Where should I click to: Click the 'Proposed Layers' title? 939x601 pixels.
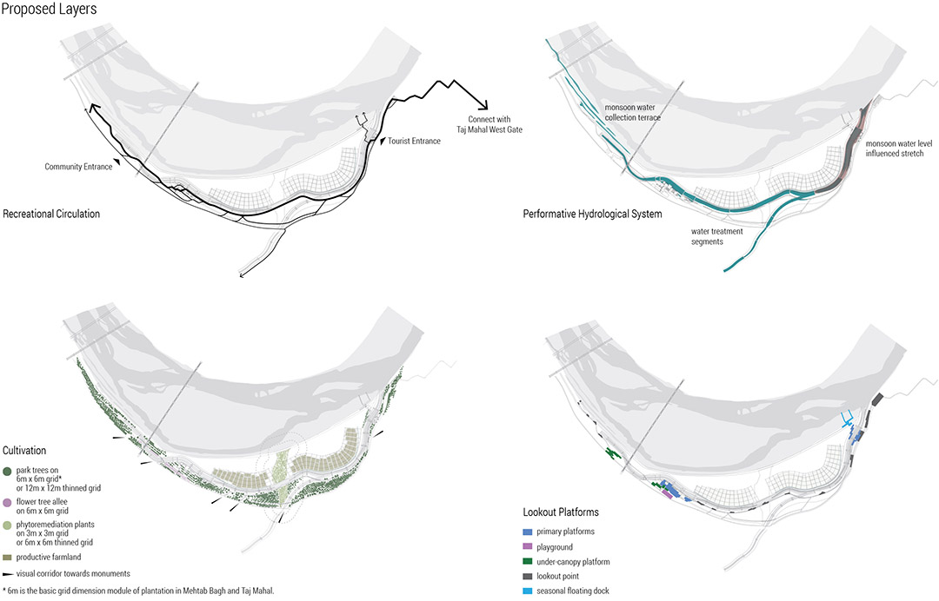tap(49, 9)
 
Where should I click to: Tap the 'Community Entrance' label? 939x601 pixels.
tap(78, 167)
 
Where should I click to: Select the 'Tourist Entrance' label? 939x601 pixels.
tap(414, 141)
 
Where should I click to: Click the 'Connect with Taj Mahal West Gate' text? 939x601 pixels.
tap(489, 124)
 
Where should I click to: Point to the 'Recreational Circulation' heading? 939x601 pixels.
tap(51, 215)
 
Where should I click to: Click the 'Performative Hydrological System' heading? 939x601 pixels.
tap(592, 215)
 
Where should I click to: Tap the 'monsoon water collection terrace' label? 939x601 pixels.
tap(632, 112)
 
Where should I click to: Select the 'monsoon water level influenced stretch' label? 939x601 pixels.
tap(899, 149)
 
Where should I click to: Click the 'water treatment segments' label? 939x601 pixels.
tap(716, 237)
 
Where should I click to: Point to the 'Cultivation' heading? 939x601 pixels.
tap(24, 451)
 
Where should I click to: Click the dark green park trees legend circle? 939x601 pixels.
tap(7, 472)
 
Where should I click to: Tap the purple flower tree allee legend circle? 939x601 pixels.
tap(7, 503)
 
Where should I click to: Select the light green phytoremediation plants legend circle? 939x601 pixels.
tap(7, 525)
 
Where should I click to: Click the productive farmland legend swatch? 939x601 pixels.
tap(7, 558)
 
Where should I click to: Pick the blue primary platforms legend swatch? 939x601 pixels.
tap(528, 532)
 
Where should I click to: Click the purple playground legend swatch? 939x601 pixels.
tap(528, 546)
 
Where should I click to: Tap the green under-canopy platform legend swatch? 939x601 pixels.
tap(528, 562)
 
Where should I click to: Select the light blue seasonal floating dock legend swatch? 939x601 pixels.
tap(528, 591)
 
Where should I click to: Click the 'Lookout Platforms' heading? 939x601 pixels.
tap(561, 512)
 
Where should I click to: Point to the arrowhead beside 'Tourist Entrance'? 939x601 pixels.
tap(383, 141)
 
